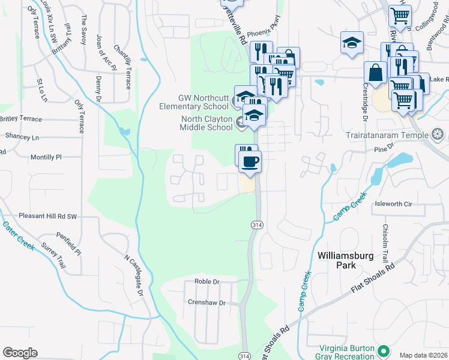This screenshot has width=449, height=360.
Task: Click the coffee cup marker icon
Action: click(x=250, y=160)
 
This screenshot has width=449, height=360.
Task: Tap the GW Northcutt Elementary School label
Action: click(x=203, y=102)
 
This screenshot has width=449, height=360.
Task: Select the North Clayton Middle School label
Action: click(x=207, y=123)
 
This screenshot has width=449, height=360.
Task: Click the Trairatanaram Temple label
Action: click(x=387, y=134)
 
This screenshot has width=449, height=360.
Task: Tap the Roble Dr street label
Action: click(x=207, y=281)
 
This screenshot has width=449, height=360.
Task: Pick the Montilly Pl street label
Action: click(x=46, y=157)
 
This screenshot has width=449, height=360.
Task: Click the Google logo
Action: click(x=20, y=353)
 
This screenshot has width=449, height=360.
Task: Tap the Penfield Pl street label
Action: click(x=68, y=242)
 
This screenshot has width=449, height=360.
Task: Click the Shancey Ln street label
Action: click(x=19, y=137)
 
